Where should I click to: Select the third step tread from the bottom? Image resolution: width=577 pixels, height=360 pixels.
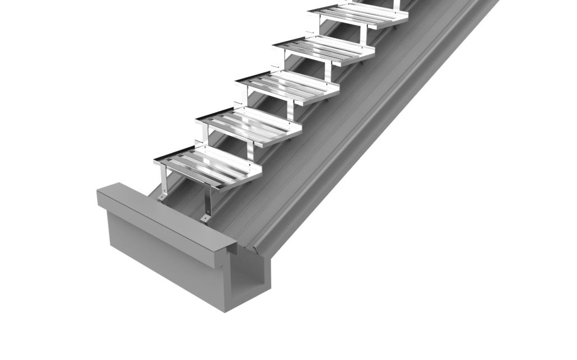pos(288,87)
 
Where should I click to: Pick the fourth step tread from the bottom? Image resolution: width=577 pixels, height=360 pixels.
pos(324,51)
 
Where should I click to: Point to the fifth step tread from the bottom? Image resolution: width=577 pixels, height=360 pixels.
pos(358,16)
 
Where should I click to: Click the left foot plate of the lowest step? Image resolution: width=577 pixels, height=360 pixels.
pos(162,197)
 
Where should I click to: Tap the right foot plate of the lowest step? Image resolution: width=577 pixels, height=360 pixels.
pos(206,217)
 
